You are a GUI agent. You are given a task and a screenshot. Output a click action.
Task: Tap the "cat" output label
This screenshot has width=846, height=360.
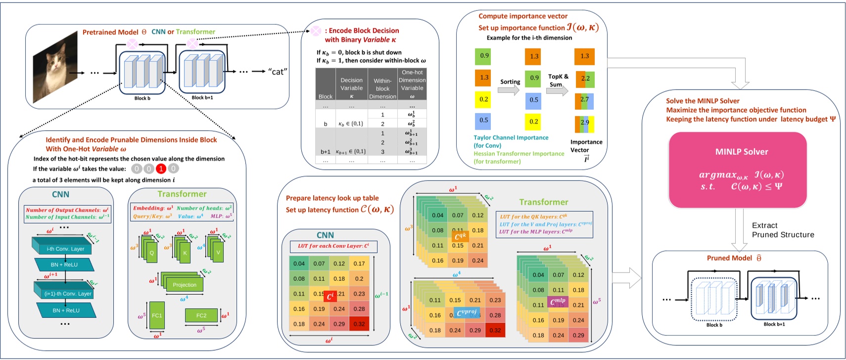(x=278, y=72)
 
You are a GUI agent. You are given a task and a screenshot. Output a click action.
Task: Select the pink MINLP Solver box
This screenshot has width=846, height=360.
(x=738, y=170)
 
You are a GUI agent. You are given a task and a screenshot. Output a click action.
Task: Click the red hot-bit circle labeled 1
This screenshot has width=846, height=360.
(x=161, y=169)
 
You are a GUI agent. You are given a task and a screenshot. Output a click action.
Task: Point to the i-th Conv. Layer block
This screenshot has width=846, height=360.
(x=65, y=248)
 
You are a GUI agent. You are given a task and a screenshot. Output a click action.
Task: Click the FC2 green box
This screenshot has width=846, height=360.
(x=201, y=315)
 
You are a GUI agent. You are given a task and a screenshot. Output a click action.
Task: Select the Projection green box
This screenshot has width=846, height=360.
(x=185, y=285)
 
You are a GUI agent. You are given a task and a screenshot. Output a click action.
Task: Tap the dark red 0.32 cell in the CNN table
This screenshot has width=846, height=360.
(x=359, y=324)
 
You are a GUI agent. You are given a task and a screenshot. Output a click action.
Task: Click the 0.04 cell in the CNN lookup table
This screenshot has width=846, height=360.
(x=299, y=264)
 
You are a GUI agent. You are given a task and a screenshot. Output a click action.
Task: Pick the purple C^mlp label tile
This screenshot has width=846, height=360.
(x=558, y=301)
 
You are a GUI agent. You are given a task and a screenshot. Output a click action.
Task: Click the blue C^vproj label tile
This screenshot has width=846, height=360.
(x=466, y=313)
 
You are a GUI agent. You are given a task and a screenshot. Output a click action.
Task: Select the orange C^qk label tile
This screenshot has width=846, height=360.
(x=460, y=237)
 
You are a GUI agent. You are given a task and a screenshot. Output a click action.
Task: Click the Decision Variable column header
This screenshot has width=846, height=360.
(x=351, y=84)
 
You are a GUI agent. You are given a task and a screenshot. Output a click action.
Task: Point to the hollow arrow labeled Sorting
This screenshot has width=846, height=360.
(x=508, y=90)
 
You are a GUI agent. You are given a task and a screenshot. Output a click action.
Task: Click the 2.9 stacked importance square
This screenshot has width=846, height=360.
(x=584, y=124)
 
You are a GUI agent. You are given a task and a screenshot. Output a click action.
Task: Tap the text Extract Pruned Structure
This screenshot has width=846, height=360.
(x=783, y=230)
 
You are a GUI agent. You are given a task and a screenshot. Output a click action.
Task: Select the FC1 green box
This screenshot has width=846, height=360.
(x=157, y=315)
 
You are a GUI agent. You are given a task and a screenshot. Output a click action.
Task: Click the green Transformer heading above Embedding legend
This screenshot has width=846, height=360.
(x=182, y=194)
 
